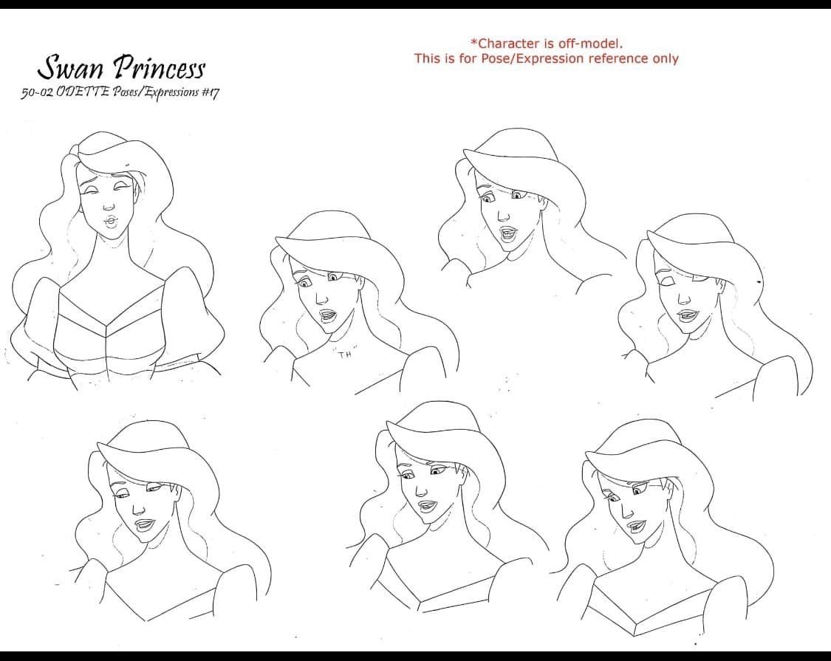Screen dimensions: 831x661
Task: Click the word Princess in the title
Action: pyautogui.click(x=160, y=68)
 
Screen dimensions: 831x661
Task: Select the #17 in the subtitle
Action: pyautogui.click(x=209, y=92)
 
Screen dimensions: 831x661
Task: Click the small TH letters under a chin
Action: pyautogui.click(x=345, y=354)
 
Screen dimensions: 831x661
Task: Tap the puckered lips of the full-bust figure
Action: pyautogui.click(x=110, y=221)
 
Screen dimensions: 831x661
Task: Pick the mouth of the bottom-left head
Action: pyautogui.click(x=144, y=525)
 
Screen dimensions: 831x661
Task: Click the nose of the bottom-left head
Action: pyautogui.click(x=139, y=510)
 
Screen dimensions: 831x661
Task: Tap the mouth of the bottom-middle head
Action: pyautogui.click(x=427, y=507)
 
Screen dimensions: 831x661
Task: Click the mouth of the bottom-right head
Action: pyautogui.click(x=635, y=527)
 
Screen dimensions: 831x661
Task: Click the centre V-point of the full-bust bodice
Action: pyautogui.click(x=106, y=326)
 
